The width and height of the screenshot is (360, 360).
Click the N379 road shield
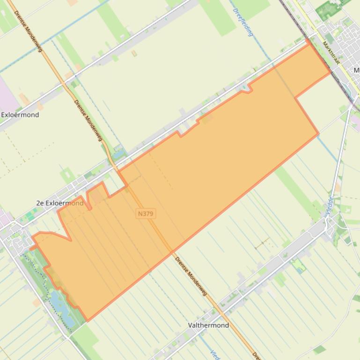point(146,214)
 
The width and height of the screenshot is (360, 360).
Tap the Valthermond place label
point(208,325)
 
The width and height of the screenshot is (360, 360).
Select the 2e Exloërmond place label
point(59,203)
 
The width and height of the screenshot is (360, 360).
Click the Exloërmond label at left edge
point(20,115)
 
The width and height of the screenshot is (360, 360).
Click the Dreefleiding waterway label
point(243,22)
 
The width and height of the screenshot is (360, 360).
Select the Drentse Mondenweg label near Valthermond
point(191,276)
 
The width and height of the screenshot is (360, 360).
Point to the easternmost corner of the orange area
point(330,72)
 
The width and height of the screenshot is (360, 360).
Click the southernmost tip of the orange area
point(88,321)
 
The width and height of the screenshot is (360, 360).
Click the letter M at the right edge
point(356,70)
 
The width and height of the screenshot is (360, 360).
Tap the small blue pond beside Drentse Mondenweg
point(119,153)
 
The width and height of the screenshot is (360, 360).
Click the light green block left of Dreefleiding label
point(220,19)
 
